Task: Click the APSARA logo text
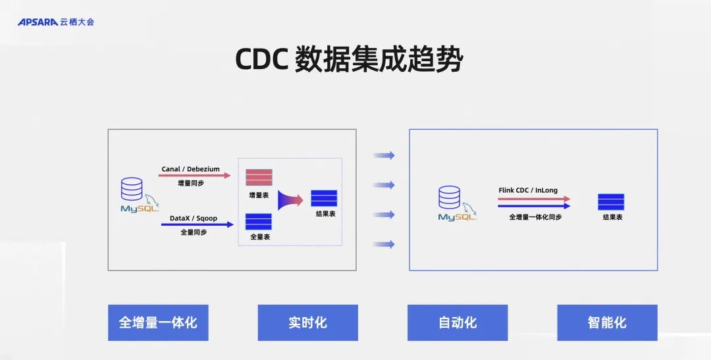pos(38,22)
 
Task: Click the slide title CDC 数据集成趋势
pos(350,60)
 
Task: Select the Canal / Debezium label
pos(191,169)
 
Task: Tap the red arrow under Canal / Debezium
pos(196,176)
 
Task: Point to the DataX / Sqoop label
pos(194,218)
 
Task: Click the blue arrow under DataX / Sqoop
pos(197,224)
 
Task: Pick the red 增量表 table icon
pos(259,178)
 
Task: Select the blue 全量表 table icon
pos(259,222)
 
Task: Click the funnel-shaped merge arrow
pos(290,199)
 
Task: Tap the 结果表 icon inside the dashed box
pos(324,198)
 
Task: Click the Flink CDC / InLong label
pos(528,190)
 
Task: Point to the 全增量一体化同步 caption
pos(535,217)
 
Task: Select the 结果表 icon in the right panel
pos(611,202)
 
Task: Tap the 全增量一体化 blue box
pos(158,322)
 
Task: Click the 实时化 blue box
pos(307,322)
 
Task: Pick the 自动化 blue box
pos(458,322)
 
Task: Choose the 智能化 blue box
pos(607,322)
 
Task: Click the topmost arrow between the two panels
pos(384,155)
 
